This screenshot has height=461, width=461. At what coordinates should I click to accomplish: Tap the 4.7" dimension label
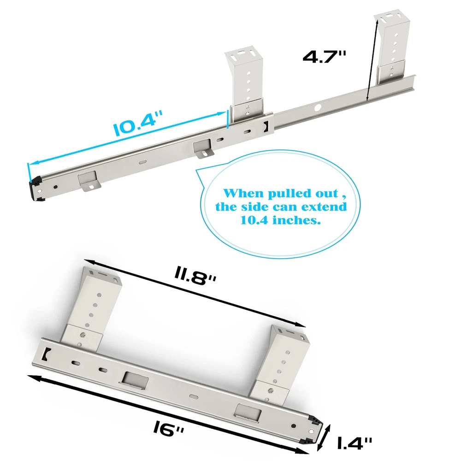[x=325, y=56]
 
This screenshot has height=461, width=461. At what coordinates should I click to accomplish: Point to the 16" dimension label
[x=168, y=429]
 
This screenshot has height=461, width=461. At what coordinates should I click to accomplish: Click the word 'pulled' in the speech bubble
[x=290, y=194]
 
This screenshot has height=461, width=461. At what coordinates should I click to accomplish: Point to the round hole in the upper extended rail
[x=318, y=107]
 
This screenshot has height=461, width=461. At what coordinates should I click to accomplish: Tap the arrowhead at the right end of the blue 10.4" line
[x=222, y=114]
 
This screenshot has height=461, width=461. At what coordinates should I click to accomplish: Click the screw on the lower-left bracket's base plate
[x=83, y=335]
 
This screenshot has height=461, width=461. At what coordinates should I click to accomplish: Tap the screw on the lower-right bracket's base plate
[x=271, y=391]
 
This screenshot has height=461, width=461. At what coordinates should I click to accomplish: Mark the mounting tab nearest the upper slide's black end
[x=89, y=181]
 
